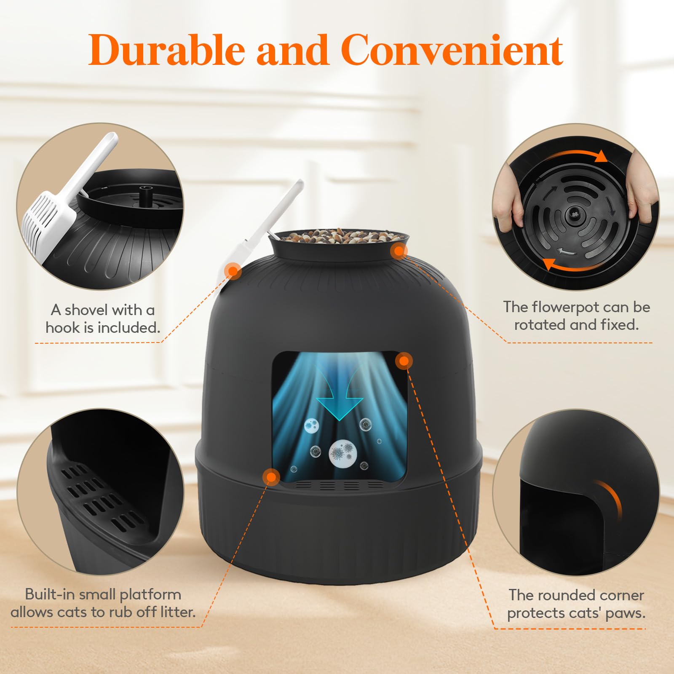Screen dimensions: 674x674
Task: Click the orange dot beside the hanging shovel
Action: coord(233,271)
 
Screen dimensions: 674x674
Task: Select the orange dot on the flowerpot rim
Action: coord(399,251)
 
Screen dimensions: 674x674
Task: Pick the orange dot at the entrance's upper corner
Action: coord(404,361)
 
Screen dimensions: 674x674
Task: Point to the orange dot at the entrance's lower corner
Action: coord(271,477)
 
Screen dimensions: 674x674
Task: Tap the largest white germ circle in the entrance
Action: coord(342,454)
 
